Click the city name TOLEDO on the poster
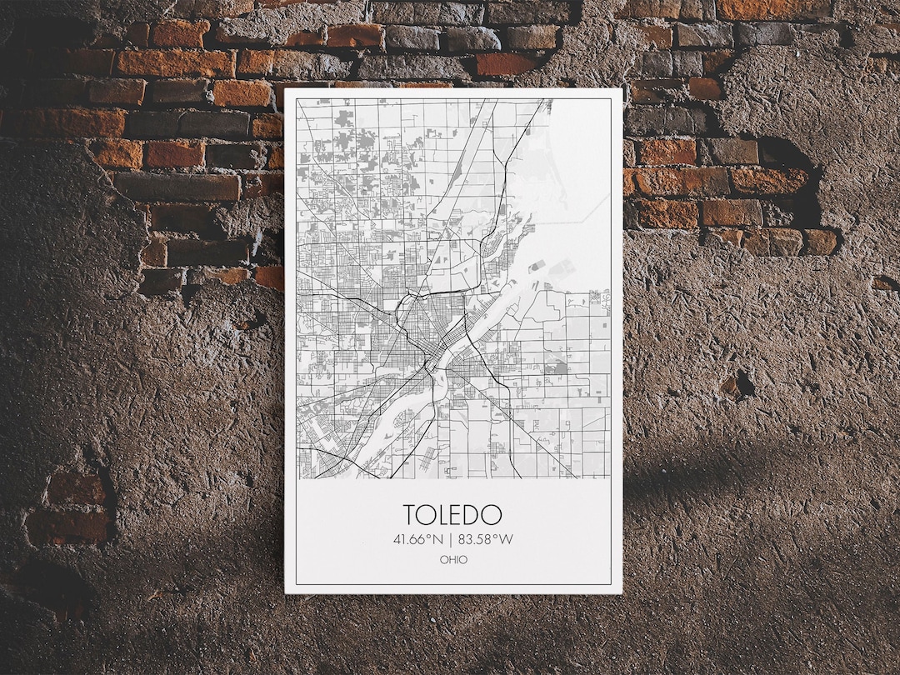452,514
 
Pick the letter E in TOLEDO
460,514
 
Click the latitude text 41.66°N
418,539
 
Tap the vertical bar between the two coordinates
450,539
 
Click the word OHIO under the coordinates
453,560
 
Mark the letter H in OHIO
450,560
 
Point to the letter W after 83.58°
507,539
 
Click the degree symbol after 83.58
497,536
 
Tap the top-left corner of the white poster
286,88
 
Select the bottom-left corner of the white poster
286,592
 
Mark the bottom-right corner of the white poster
622,592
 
